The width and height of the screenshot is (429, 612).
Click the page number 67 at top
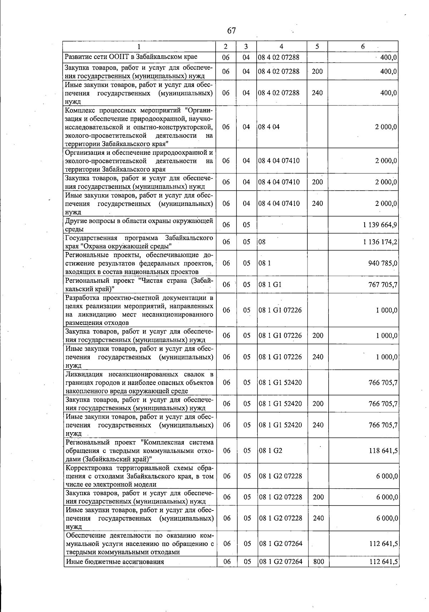coord(231,30)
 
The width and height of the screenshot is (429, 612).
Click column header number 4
coord(281,46)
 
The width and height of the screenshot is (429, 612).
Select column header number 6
coord(363,46)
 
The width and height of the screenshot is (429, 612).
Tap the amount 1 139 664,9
coord(380,225)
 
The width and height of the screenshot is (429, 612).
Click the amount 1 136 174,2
coord(380,242)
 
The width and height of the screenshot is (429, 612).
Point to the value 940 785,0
coord(383,263)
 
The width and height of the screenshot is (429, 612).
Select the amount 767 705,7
coord(383,285)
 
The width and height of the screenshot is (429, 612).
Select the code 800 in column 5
coord(318,562)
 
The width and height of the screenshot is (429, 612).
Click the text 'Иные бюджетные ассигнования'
coord(115,562)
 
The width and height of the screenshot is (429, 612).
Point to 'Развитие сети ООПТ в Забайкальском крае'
coord(131,57)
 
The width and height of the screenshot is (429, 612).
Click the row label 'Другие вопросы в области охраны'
coord(139,221)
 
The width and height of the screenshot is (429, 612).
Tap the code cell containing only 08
coord(262,242)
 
